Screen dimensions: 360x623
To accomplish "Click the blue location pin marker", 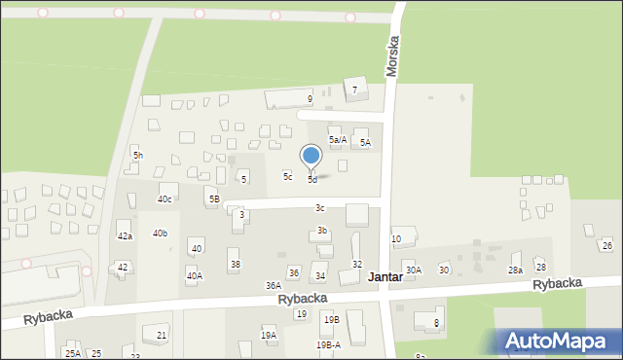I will [x=311, y=157].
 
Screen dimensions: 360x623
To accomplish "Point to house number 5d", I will [x=312, y=180].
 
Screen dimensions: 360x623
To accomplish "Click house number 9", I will [x=310, y=98].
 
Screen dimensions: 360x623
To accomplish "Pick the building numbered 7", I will [x=354, y=90].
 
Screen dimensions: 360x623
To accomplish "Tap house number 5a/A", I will [x=338, y=140].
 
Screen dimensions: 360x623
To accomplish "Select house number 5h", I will [x=138, y=156].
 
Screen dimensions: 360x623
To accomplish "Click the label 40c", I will [x=165, y=199].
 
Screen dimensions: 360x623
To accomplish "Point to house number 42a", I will [x=125, y=236].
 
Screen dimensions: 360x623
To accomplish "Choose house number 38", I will [x=234, y=265].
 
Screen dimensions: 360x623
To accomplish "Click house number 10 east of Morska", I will [x=396, y=239].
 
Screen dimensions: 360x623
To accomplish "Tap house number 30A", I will [x=414, y=270].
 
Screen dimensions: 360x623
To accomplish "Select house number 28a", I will [x=515, y=270].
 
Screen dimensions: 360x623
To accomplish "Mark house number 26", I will [x=606, y=246].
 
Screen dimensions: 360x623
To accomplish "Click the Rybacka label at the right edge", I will [x=558, y=283].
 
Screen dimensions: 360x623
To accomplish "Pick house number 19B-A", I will [x=328, y=344].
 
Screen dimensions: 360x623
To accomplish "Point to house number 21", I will [x=162, y=335].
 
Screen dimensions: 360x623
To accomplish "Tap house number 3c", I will [x=319, y=208].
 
